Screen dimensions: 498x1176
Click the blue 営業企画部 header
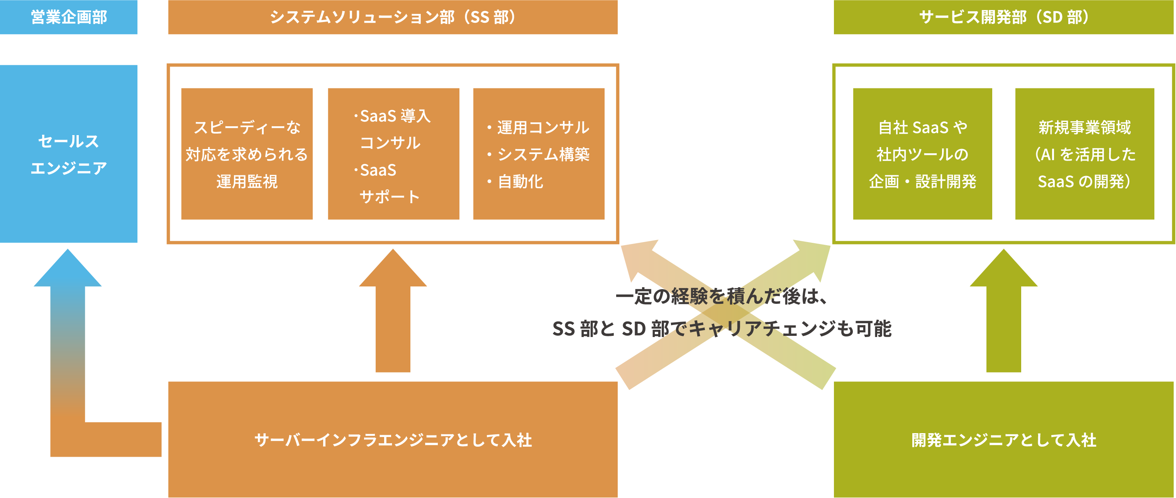[x=68, y=17]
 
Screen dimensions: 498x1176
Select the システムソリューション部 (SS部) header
[x=393, y=17]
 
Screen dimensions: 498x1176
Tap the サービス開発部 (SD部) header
[x=1004, y=17]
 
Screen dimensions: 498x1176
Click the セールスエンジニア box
[x=68, y=154]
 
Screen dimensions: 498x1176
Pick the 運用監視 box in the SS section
[x=247, y=154]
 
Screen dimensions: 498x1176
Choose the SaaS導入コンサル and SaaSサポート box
[x=393, y=154]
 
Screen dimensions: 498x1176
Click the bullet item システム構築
[x=543, y=154]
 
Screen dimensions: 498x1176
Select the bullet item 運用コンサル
[x=543, y=127]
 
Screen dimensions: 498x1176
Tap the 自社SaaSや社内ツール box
[x=922, y=154]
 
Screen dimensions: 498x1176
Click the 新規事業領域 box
[x=1084, y=154]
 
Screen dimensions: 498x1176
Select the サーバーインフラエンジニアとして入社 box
[x=393, y=440]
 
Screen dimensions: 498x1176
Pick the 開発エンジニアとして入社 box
[x=1004, y=440]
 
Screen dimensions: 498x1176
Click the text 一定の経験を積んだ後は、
[x=721, y=297]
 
